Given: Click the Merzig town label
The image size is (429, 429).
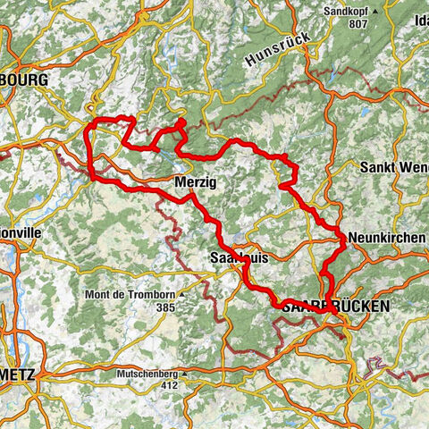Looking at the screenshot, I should pyautogui.click(x=196, y=182).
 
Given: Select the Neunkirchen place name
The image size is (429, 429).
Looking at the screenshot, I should pyautogui.click(x=383, y=239).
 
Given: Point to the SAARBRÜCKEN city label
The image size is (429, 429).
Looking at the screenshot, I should pyautogui.click(x=337, y=306).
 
